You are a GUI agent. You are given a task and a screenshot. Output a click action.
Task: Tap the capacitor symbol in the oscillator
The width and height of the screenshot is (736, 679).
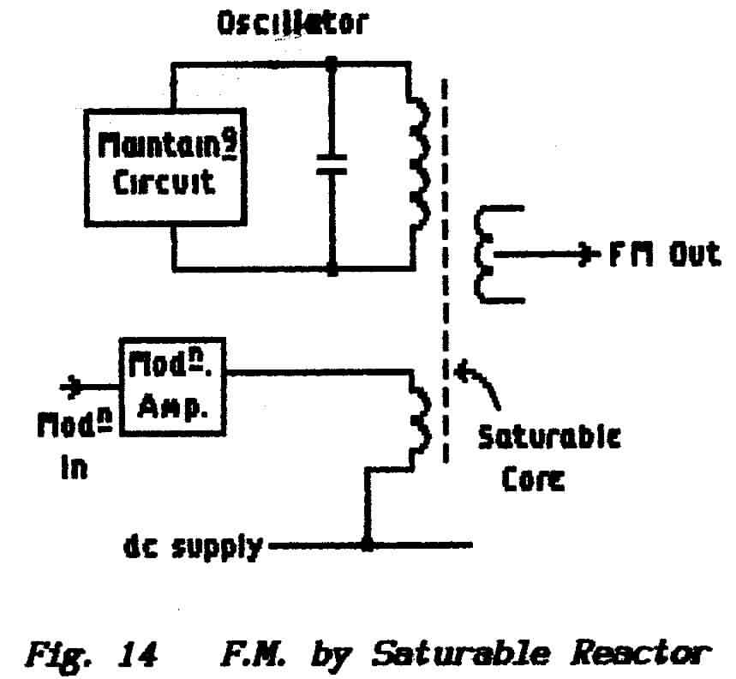coord(331,165)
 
